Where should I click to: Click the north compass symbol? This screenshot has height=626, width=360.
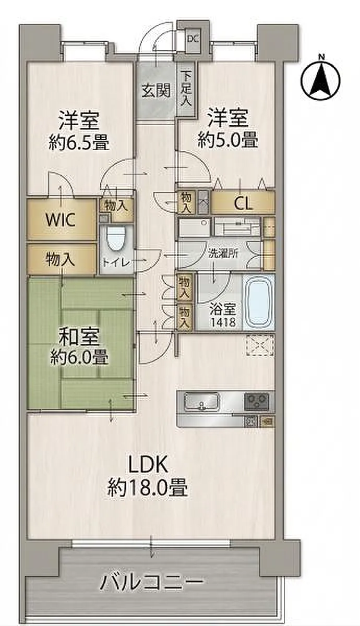coord(320,80)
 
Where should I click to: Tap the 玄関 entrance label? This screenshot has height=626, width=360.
coord(156,91)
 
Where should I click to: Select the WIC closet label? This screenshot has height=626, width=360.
coord(61,220)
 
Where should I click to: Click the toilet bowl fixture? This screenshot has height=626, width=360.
coord(116,239)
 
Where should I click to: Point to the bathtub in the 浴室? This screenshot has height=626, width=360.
coord(259,303)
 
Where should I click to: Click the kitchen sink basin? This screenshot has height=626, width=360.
coord(201,402)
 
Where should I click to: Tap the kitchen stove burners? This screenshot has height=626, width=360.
coord(257,402)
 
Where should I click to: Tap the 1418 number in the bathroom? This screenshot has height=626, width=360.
coord(223,322)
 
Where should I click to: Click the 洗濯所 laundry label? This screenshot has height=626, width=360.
coord(223,254)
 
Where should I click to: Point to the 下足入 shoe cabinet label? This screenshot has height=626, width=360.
coord(186,89)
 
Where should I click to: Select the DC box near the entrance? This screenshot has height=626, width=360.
coord(193,39)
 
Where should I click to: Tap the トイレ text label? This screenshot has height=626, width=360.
coord(117,263)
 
